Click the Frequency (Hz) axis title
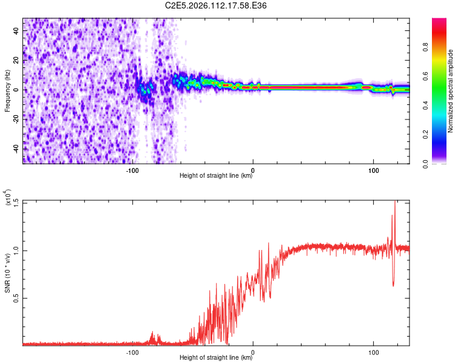click(7, 90)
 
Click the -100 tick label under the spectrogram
click(133, 170)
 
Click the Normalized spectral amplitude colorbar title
click(451, 90)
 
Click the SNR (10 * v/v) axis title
click(7, 272)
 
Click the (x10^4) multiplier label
click(8, 198)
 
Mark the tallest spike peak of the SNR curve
click(396, 201)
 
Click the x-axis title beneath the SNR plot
click(216, 358)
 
